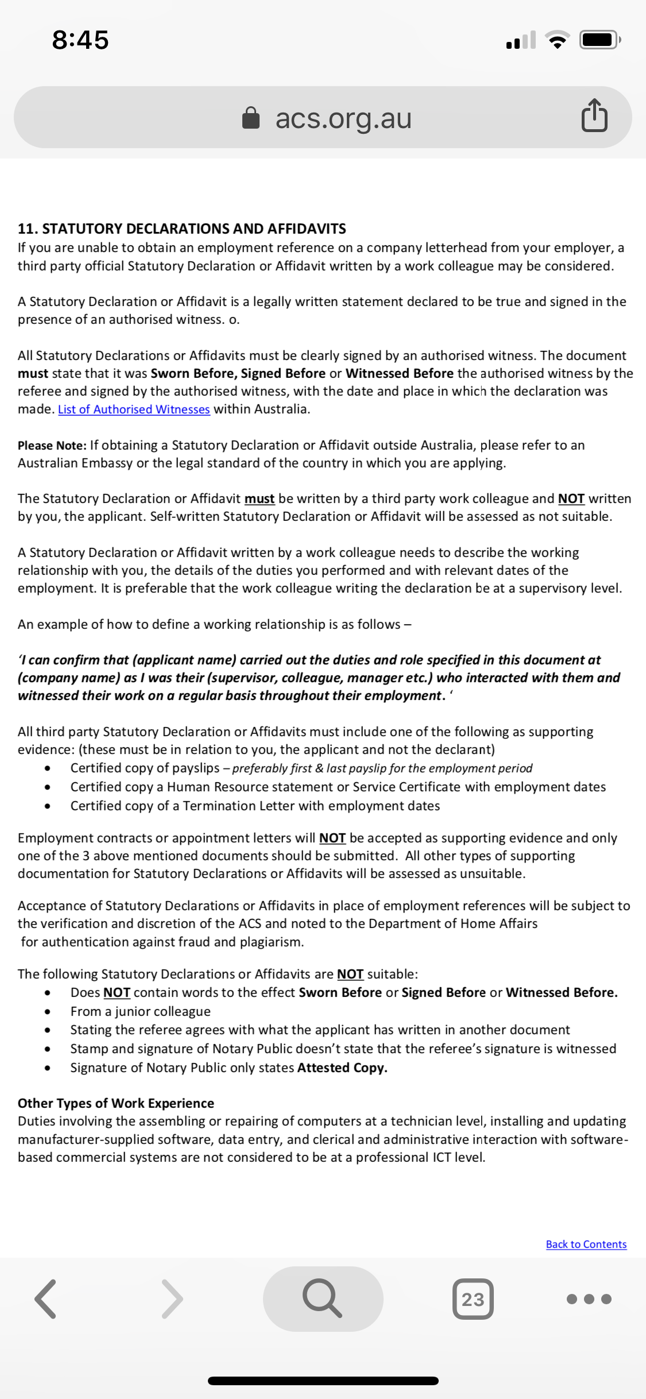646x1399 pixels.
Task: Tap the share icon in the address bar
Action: [x=594, y=116]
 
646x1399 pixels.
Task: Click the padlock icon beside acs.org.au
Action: [x=251, y=118]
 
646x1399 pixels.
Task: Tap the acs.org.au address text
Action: [x=343, y=118]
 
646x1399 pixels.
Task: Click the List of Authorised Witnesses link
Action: [x=134, y=409]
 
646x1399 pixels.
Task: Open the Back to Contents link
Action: [x=586, y=1244]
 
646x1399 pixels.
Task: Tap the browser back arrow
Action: [x=46, y=1298]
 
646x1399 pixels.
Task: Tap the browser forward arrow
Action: [x=172, y=1298]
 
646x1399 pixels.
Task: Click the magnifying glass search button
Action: [x=323, y=1298]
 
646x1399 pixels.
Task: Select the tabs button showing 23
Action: [x=473, y=1298]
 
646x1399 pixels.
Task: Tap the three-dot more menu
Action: [x=589, y=1298]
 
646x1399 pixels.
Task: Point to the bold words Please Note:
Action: [x=52, y=446]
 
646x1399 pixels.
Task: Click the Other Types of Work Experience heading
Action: [x=116, y=1103]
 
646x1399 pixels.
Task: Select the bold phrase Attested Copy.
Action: [x=342, y=1068]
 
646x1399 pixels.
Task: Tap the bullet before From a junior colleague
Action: [x=47, y=1012]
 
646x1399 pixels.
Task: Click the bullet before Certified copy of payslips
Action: [x=47, y=768]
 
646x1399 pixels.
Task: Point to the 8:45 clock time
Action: [x=80, y=40]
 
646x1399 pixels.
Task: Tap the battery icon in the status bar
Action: [x=599, y=40]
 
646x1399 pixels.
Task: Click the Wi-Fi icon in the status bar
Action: [x=556, y=40]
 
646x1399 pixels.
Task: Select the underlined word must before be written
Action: [x=260, y=499]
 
